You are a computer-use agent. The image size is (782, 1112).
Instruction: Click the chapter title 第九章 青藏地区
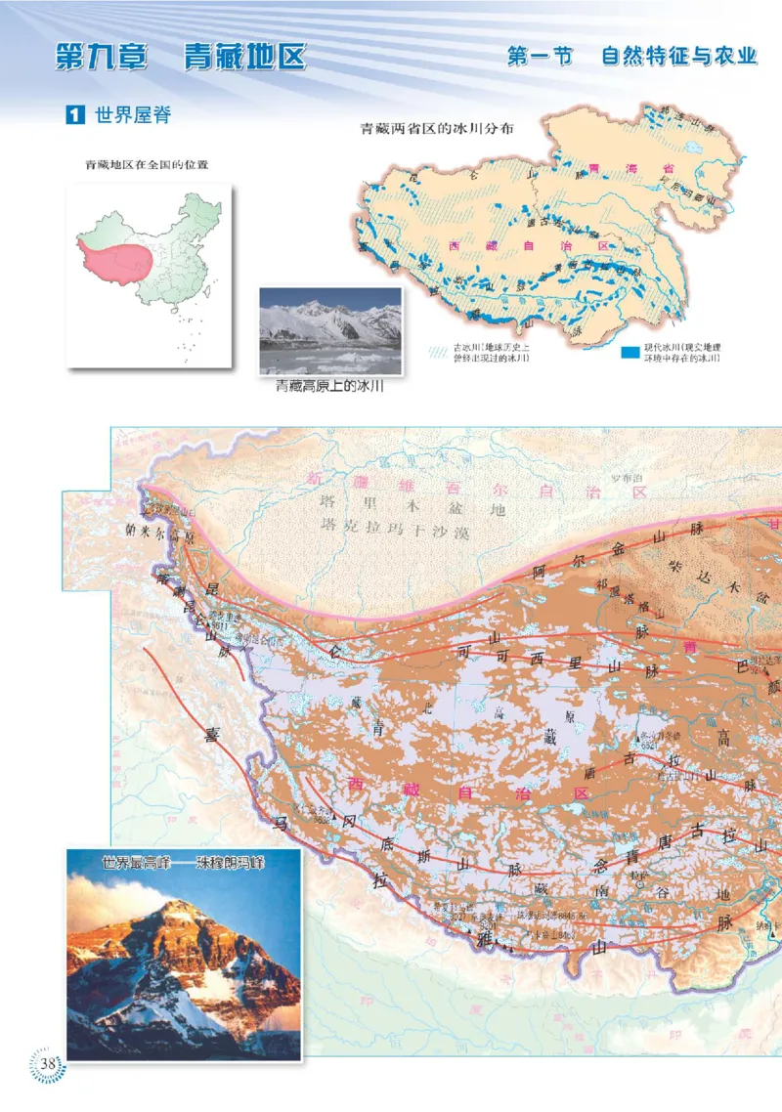tap(180, 56)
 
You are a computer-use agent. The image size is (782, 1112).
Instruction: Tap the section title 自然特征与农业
tap(679, 56)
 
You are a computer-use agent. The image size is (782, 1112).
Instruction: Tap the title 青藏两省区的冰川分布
tap(438, 128)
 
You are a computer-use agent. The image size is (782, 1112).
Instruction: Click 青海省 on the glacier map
tap(627, 168)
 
